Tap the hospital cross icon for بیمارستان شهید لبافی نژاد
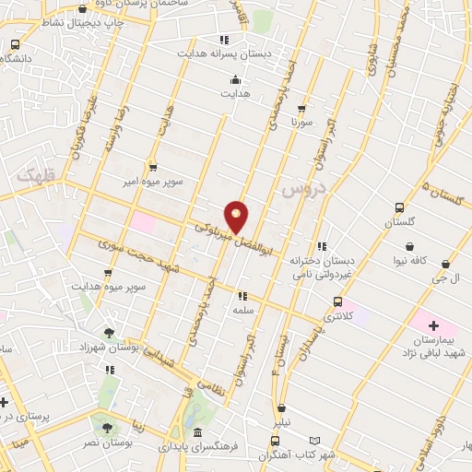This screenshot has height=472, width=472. (433, 326)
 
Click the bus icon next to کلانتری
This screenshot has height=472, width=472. (337, 302)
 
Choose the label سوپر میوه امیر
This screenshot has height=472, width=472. (154, 183)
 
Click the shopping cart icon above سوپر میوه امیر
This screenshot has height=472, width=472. (153, 168)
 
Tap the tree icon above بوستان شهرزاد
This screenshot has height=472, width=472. (110, 332)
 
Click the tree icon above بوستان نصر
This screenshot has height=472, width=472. (108, 429)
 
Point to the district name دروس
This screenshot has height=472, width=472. (299, 190)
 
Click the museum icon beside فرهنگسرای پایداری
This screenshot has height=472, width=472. (197, 432)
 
